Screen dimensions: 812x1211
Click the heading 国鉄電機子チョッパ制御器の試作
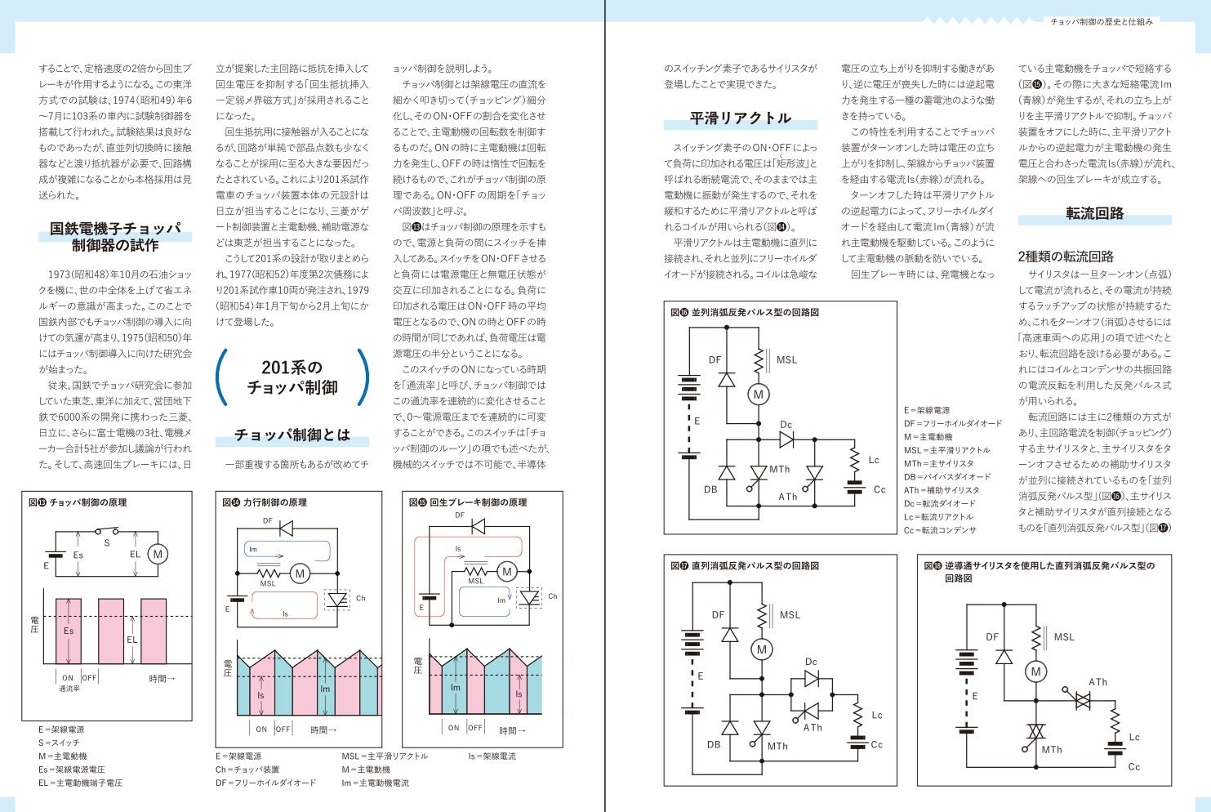tap(115, 237)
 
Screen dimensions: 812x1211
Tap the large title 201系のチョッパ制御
tap(292, 377)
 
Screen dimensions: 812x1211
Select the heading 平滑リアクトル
tap(740, 118)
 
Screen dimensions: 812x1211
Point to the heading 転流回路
tap(1094, 214)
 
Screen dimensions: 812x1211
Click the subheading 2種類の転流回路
tap(1066, 257)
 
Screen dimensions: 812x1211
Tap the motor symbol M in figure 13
tap(158, 554)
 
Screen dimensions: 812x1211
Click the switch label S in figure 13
tap(106, 542)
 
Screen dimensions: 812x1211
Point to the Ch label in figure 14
tap(360, 599)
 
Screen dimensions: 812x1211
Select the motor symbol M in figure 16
tap(758, 395)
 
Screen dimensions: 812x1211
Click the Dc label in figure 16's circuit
tap(786, 425)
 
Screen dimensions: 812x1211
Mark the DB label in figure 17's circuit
tap(713, 745)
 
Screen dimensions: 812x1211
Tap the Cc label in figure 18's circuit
tap(1133, 767)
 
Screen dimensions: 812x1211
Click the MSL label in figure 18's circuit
tap(1063, 637)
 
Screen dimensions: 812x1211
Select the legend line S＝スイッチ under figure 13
tap(59, 743)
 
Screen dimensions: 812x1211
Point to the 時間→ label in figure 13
tap(163, 679)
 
